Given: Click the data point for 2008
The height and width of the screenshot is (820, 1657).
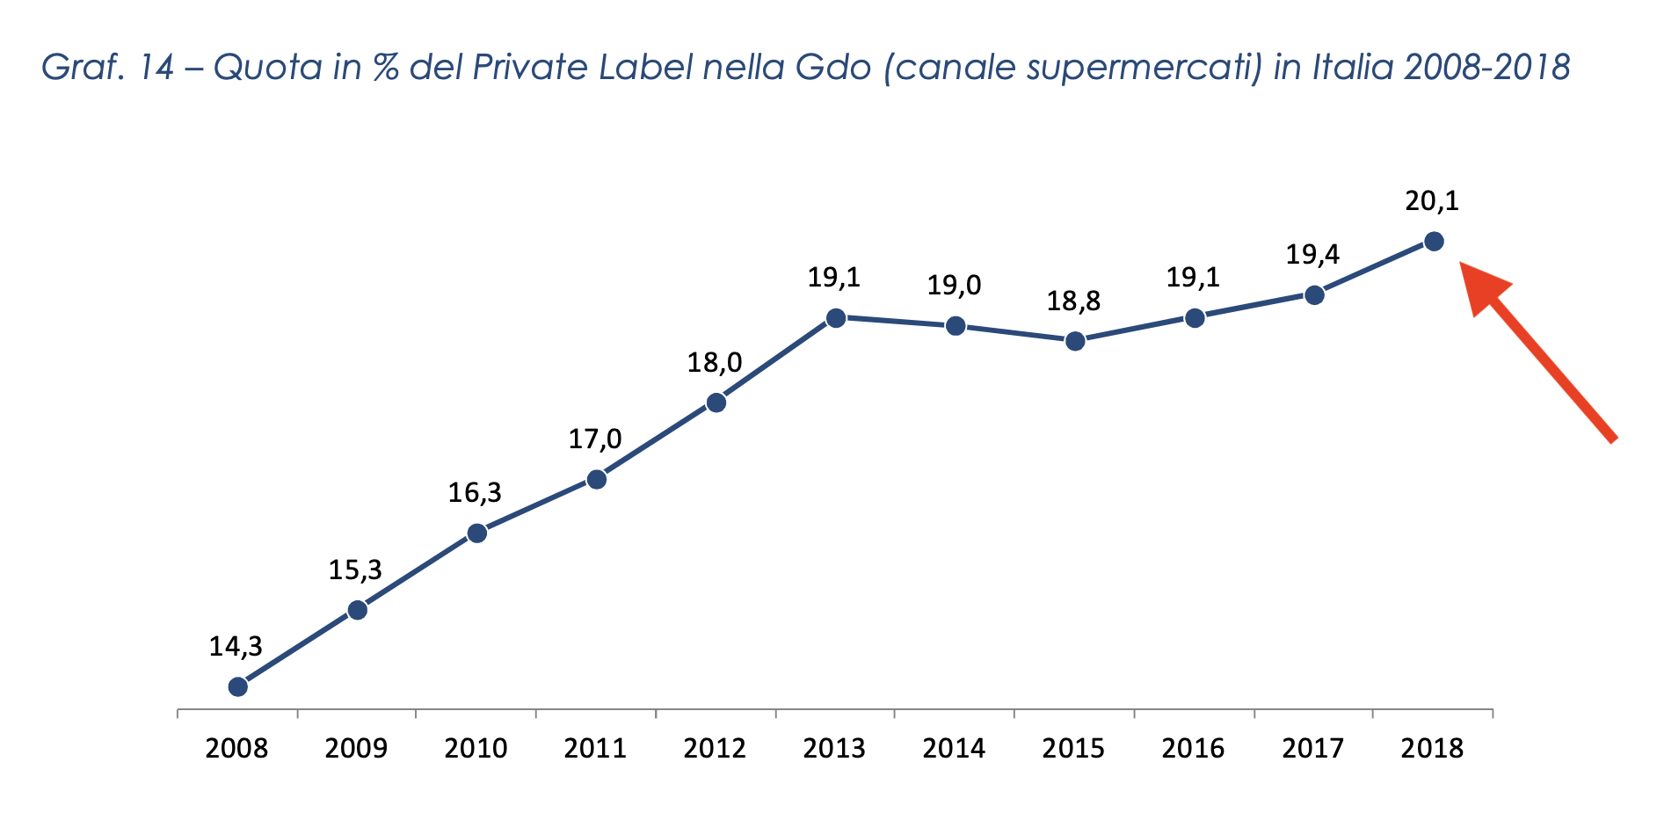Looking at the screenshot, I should [x=237, y=686].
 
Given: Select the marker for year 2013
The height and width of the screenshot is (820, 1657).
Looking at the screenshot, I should [x=836, y=317].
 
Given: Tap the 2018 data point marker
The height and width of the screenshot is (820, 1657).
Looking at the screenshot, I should [x=1434, y=241].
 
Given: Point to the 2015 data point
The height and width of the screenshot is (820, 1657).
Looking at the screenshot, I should [x=1075, y=341].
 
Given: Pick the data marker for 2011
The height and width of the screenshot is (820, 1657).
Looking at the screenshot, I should [x=596, y=479].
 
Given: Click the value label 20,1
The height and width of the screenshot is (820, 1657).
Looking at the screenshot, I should [x=1432, y=201].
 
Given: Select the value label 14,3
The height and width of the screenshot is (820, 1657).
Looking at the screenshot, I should [x=236, y=647].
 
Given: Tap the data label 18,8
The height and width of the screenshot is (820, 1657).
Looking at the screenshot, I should [x=1073, y=301].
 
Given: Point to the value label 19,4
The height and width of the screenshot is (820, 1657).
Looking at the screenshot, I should [x=1312, y=255].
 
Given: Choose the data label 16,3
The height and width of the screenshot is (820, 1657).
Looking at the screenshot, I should [x=475, y=493].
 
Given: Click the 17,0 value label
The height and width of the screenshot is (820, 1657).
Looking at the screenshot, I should [x=595, y=439].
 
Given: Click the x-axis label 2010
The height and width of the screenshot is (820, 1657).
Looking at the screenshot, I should [x=476, y=748].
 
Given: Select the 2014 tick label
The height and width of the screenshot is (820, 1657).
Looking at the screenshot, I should [x=954, y=748].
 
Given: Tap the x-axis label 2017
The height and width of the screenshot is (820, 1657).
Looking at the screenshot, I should [x=1312, y=748].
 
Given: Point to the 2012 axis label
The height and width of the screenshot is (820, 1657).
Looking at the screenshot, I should [x=715, y=748].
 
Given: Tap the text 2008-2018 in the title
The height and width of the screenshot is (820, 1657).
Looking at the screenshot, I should [x=1486, y=67].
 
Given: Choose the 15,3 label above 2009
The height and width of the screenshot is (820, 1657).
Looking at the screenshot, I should [x=355, y=570].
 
